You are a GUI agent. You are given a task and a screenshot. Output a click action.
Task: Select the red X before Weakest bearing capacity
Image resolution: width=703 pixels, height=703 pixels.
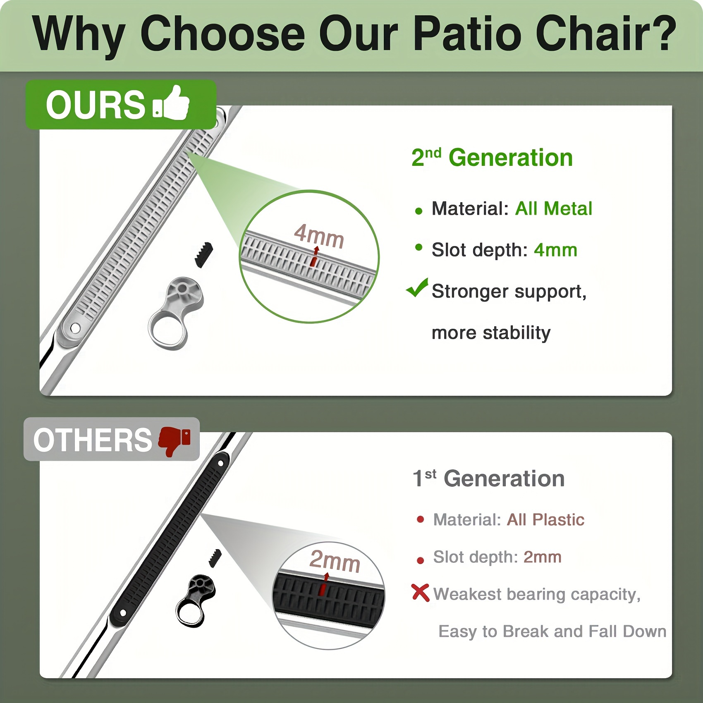coord(421,593)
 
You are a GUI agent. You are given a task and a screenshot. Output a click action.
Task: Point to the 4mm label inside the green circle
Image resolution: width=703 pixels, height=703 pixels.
coord(319,236)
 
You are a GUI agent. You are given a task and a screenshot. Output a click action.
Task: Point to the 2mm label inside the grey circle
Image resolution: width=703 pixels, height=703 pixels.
coord(335,561)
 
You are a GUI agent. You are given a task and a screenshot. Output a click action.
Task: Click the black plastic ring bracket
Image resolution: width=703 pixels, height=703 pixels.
coord(195,600)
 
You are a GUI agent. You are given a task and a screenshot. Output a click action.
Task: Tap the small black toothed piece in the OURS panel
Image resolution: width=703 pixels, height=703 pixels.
coord(204,254)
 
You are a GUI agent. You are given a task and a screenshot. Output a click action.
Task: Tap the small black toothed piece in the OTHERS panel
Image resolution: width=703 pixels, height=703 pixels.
coord(215,558)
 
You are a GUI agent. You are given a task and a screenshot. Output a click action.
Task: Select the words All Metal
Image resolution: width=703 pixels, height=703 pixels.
coord(553,208)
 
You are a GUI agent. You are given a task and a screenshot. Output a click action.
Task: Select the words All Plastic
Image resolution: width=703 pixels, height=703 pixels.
coord(546,520)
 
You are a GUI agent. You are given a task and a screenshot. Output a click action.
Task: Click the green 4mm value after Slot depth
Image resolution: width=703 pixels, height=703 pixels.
coord(555,250)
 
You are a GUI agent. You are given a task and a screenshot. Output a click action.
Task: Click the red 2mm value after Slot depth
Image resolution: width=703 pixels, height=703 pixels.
coord(543,557)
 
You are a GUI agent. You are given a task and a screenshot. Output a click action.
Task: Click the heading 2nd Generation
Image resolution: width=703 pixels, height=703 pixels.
coord(492,158)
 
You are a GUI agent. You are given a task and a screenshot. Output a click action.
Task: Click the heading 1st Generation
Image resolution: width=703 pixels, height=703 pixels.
coord(489,478)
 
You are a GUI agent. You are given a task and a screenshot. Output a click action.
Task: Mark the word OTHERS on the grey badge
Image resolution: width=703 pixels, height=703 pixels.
coord(93,440)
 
